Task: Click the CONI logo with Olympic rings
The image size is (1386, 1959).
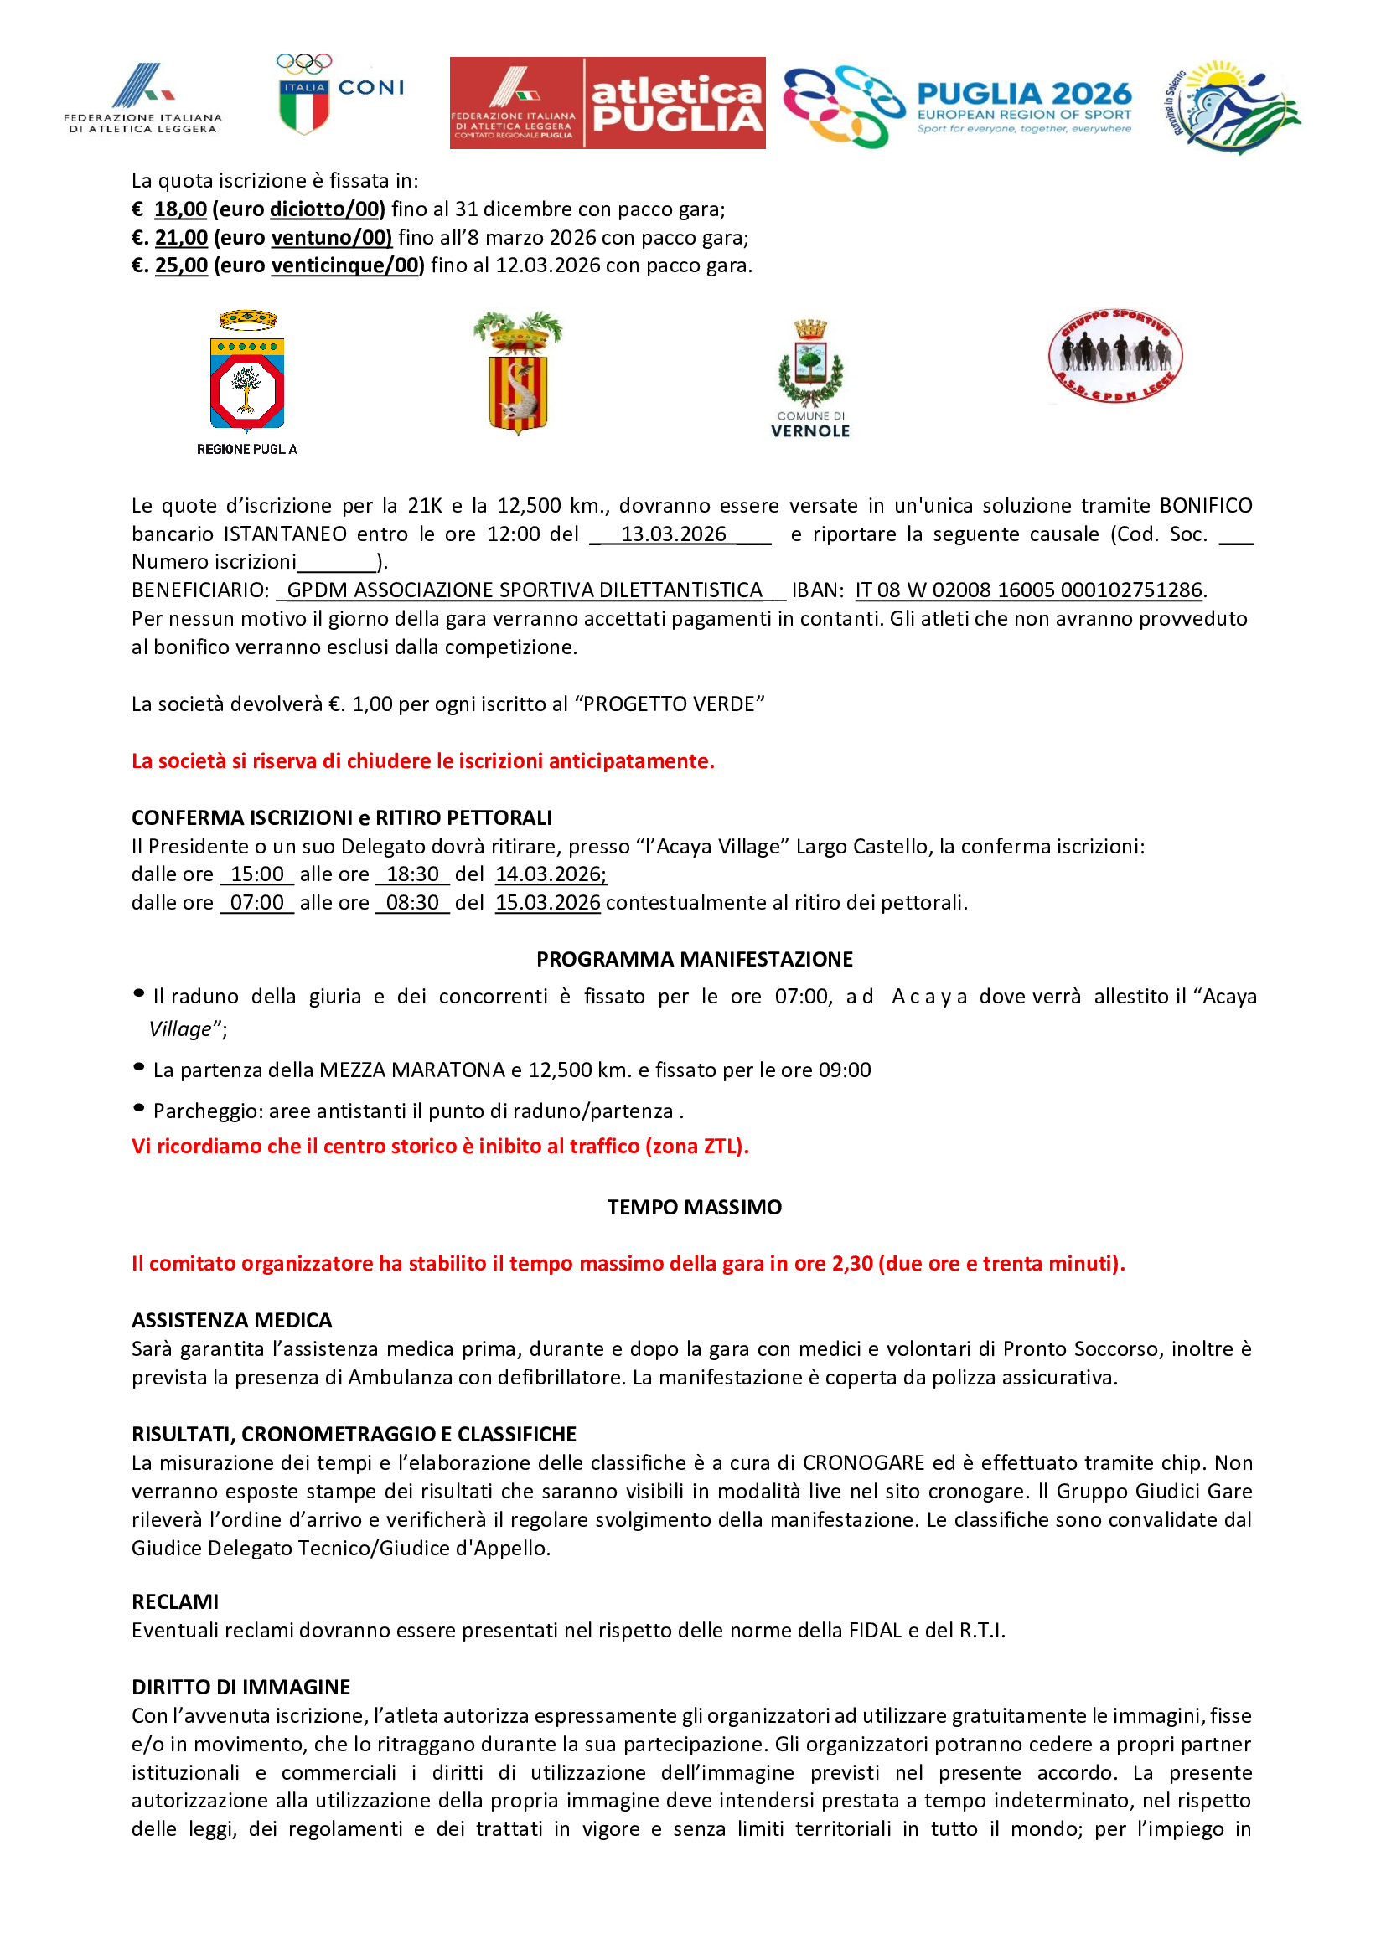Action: pos(339,95)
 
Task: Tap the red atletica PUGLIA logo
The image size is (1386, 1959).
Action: pos(607,103)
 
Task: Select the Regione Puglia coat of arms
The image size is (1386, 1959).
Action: pos(246,379)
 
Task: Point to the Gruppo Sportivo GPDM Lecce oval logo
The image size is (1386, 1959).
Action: pos(1114,356)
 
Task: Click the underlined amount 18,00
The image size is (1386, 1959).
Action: pos(180,209)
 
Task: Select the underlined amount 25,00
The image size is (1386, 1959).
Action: pos(181,265)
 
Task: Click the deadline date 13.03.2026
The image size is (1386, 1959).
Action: pos(674,534)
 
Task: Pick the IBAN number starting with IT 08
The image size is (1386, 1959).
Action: pos(1028,590)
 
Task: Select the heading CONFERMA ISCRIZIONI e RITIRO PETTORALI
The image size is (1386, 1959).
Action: pos(341,817)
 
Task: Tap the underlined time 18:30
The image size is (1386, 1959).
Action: pos(412,874)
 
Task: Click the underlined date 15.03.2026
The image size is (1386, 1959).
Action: pos(548,903)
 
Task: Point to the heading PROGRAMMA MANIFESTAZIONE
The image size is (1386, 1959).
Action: pos(694,959)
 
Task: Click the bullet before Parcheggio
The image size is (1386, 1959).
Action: pos(139,1108)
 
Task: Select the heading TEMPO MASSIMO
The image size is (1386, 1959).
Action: pos(694,1206)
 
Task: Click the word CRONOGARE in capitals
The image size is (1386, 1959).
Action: pos(863,1462)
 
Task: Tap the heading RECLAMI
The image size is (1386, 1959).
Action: pos(175,1601)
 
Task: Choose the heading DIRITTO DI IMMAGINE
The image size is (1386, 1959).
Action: pos(240,1687)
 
